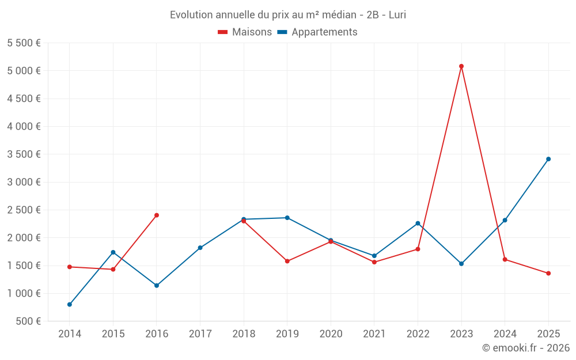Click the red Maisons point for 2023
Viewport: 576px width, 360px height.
461,66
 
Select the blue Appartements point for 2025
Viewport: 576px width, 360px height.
548,159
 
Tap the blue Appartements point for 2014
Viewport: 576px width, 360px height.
70,304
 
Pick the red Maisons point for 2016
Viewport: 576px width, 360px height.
157,215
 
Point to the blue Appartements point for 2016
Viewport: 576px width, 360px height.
157,285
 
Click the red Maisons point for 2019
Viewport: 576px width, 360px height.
287,261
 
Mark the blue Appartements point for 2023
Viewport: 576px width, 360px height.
461,264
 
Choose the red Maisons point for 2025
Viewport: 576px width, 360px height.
548,273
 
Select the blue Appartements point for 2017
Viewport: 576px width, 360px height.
200,248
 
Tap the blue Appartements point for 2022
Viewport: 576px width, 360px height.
418,223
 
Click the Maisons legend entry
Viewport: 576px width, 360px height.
245,32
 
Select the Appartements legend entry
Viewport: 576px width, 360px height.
317,32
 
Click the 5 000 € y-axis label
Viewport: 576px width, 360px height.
24,71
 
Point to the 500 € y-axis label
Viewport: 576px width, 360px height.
28,321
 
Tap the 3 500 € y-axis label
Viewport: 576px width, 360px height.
24,154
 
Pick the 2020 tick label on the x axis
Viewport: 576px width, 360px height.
331,334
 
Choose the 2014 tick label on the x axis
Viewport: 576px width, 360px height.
70,334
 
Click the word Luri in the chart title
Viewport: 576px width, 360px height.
397,15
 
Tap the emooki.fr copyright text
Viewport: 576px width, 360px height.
525,348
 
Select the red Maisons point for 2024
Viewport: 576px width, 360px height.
505,259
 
